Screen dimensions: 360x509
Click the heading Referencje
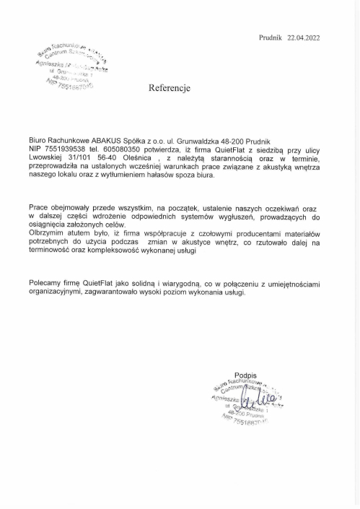click(169, 90)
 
